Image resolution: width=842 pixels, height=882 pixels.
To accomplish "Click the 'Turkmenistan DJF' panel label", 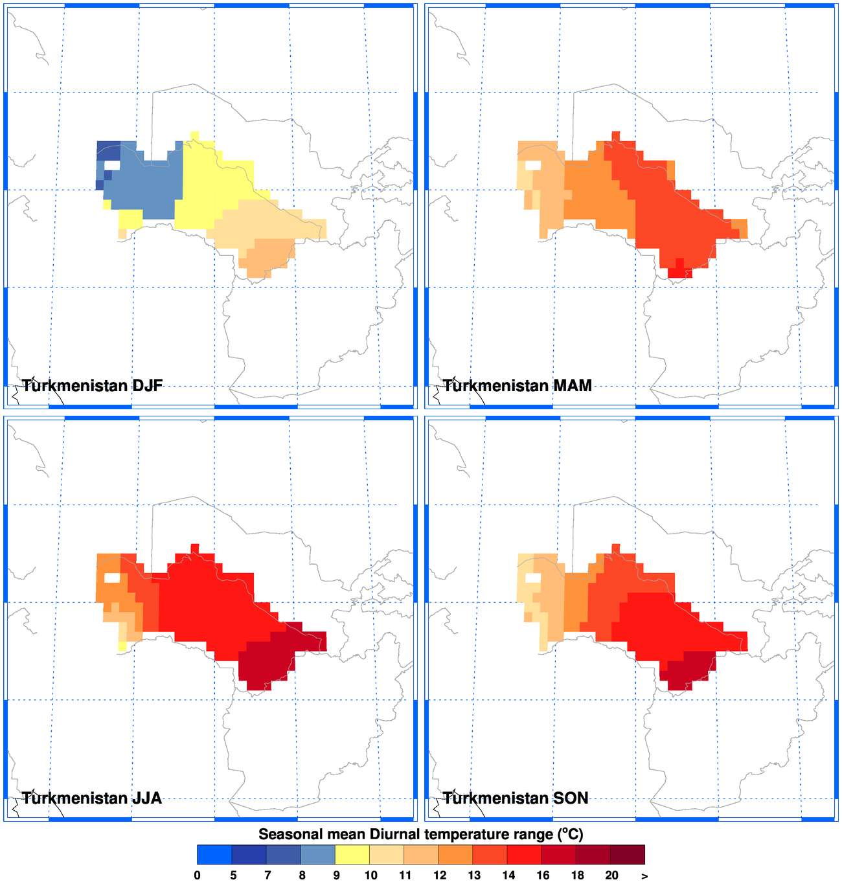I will click(92, 386).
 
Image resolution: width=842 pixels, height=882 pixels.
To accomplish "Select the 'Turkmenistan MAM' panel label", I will click(517, 386).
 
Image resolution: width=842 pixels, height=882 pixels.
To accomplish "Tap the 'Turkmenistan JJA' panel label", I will click(91, 798).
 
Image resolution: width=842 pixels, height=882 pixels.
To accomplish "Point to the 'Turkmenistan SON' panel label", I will click(516, 798).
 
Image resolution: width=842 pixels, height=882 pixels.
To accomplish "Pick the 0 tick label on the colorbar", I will click(197, 876).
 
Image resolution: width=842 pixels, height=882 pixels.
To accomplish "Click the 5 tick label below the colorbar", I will click(233, 876).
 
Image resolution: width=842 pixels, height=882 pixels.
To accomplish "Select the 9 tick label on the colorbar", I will click(336, 876).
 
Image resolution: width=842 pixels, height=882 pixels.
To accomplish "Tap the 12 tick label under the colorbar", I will click(440, 876).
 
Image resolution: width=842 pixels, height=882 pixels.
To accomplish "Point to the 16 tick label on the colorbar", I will click(543, 876).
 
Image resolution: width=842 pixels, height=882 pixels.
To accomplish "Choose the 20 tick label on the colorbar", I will click(611, 876).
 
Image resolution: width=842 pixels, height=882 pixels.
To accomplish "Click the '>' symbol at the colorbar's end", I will click(644, 876).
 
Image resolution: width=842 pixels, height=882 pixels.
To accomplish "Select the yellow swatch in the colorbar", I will click(352, 855).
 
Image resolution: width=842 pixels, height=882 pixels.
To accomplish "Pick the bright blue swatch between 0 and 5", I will click(214, 855).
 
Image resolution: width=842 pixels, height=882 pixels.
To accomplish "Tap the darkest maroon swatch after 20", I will click(628, 855).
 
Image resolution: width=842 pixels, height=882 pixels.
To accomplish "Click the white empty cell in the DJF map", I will click(112, 165).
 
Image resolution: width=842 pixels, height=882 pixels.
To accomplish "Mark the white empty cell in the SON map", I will click(533, 578).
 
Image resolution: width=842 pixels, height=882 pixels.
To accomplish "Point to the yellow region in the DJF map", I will click(207, 188).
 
